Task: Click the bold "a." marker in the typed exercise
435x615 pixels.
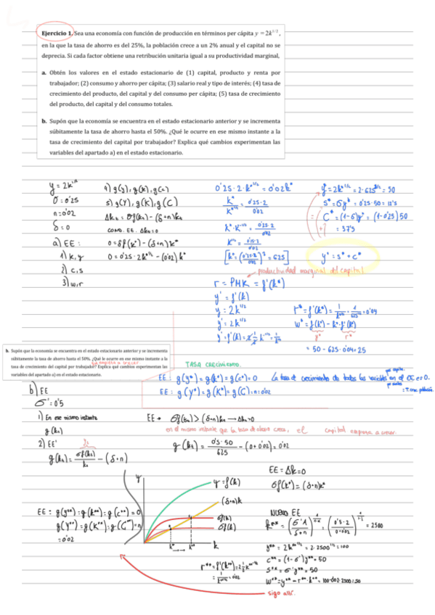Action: click(x=44, y=73)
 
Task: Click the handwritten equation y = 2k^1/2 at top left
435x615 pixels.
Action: click(x=61, y=185)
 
